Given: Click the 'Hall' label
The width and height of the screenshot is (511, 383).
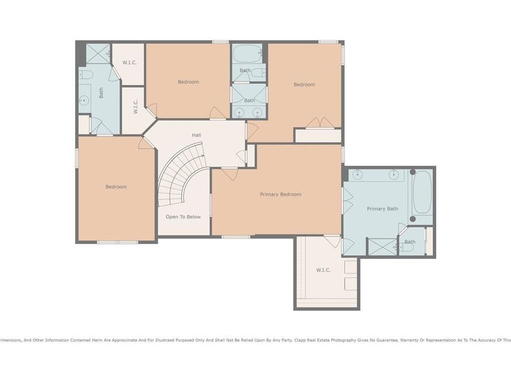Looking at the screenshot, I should click(196, 135).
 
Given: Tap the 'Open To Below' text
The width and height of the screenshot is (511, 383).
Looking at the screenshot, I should click(183, 217).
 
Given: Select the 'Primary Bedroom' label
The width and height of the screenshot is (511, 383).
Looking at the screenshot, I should click(280, 195).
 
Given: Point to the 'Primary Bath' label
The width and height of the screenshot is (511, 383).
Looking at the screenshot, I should click(382, 209).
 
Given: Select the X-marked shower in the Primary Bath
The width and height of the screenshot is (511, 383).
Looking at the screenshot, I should click(382, 247).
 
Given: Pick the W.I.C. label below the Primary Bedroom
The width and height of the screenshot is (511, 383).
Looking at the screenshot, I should click(323, 270).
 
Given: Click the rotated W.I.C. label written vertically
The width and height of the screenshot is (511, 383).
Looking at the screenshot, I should click(136, 106).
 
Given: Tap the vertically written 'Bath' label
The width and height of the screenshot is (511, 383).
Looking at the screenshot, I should click(102, 92).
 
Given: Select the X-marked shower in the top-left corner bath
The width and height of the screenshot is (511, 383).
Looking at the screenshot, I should click(97, 53).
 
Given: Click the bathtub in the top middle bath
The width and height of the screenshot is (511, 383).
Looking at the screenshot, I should click(247, 54).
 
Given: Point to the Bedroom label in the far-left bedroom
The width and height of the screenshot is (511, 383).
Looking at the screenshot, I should click(116, 187).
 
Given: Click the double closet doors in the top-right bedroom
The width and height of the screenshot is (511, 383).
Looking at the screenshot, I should click(320, 123).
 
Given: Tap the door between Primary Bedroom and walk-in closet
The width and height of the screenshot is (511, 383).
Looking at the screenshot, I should click(333, 241).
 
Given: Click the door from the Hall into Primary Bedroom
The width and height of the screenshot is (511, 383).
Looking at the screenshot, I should click(230, 173).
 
